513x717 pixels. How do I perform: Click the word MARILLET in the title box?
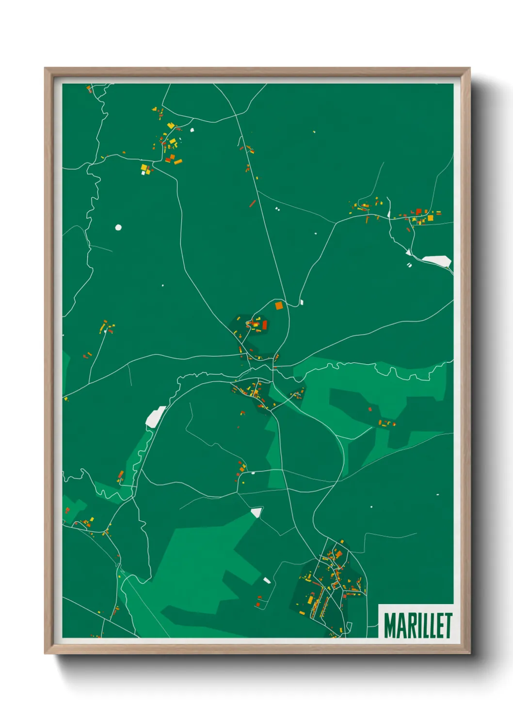[418, 625]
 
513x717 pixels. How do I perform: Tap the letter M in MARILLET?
[389, 625]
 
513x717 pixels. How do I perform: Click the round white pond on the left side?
[118, 227]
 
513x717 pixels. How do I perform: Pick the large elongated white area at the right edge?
[437, 261]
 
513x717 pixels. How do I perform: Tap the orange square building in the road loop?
[278, 305]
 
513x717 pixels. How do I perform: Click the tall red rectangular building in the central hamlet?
[265, 325]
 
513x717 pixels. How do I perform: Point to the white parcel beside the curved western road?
[155, 417]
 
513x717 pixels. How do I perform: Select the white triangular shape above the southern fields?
[256, 512]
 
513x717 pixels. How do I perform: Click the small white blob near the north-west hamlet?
[192, 130]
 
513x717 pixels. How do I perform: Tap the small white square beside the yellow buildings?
[143, 172]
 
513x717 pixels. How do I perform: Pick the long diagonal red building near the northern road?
[252, 203]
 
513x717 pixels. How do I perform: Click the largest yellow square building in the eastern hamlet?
[430, 218]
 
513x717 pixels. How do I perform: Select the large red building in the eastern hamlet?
[418, 212]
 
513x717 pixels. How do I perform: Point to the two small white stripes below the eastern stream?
[409, 265]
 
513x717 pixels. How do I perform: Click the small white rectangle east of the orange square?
[302, 302]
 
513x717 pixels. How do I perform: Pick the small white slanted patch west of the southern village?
[266, 580]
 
